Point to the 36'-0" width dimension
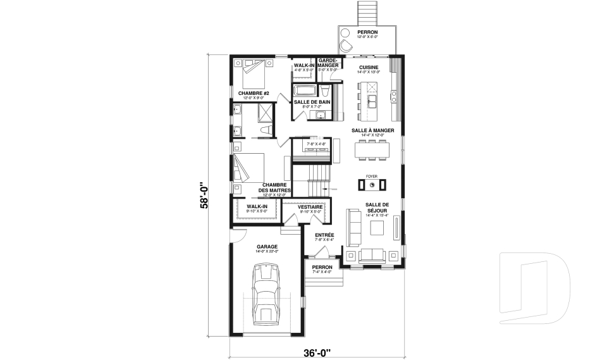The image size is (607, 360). pos(316,352)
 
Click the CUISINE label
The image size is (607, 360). pos(369,67)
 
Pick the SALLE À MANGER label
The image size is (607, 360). pos(373,130)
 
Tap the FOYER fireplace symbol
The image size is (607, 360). pos(373,185)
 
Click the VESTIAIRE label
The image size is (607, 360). pos(310,207)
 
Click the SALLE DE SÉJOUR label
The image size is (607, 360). pos(377,208)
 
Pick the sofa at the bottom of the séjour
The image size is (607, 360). pos(372,255)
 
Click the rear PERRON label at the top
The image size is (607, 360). pos(367,32)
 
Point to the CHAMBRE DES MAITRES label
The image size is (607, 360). pos(274,188)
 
